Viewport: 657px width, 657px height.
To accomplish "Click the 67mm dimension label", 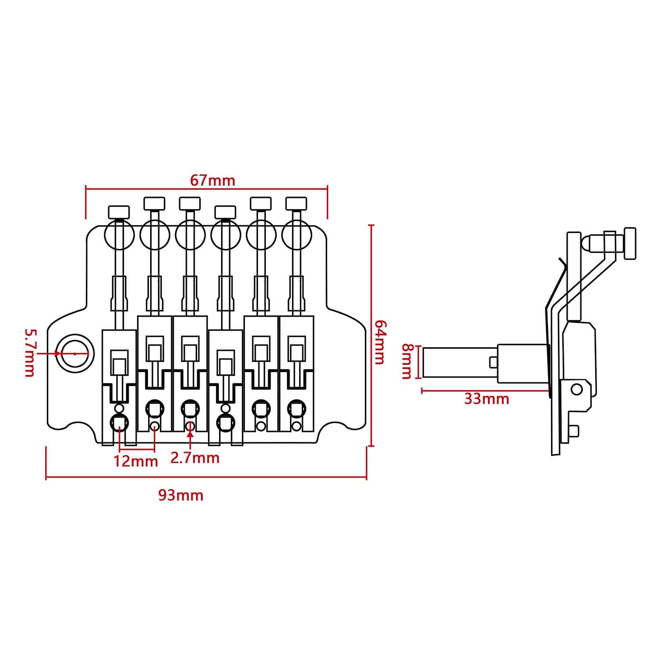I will pos(212,180).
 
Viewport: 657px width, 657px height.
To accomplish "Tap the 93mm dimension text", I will pos(180,495).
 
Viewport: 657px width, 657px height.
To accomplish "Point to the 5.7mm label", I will pos(29,353).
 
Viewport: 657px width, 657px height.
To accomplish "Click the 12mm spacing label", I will pos(136,461).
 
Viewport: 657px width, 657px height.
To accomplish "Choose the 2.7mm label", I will pos(194,458).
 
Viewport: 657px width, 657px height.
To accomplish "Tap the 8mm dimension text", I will pos(407,361).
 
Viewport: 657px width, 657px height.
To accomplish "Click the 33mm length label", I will pos(487,399).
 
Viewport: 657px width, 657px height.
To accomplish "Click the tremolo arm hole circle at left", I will pos(75,353).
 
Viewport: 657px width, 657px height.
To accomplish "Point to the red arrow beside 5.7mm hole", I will pos(55,353).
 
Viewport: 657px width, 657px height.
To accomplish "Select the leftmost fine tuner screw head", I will pos(119,212).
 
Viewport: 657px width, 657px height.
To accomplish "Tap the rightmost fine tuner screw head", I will pos(296,203).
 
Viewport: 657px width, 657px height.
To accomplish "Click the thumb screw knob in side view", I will pos(630,244).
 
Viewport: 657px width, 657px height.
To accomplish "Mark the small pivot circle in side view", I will pos(577,389).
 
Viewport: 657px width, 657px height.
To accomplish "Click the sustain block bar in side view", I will pos(460,362).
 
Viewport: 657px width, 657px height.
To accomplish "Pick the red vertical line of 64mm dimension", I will pos(371,336).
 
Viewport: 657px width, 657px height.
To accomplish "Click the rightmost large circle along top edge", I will pos(296,236).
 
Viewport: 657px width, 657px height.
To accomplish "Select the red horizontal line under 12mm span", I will pos(137,450).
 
